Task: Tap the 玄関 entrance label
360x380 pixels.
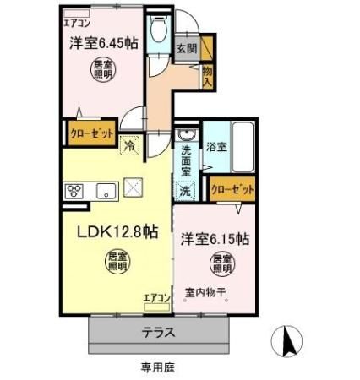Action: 188,49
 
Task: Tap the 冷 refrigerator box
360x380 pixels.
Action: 129,145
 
